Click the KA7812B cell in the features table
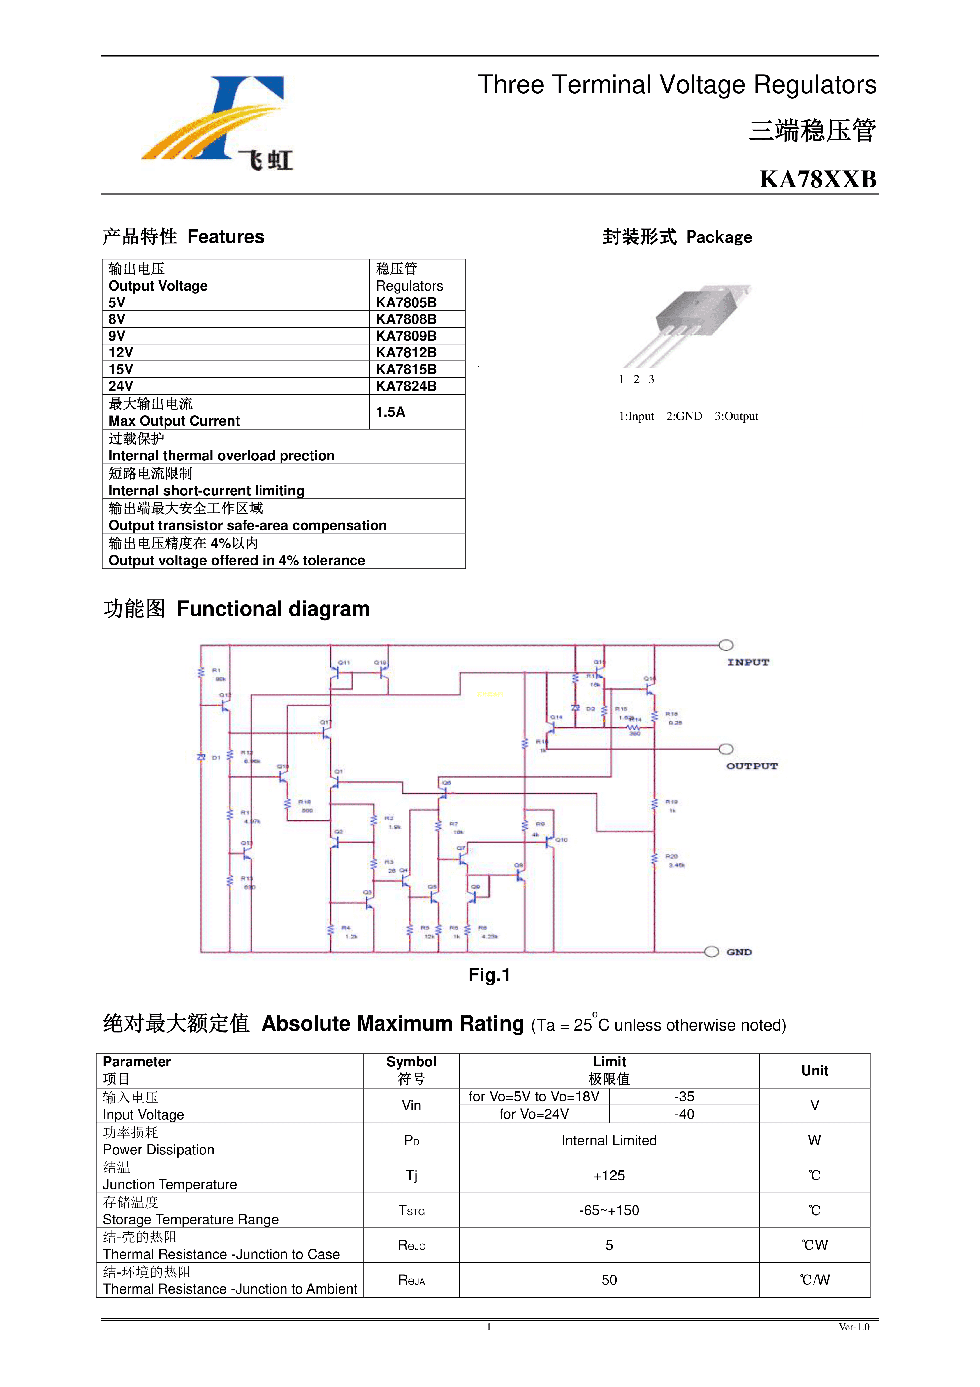tap(406, 353)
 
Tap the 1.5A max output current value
tap(390, 412)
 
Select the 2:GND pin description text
tap(684, 416)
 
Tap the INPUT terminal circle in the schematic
tap(726, 645)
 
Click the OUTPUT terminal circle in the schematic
tap(726, 749)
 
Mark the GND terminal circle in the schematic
tap(712, 952)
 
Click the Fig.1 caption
tap(489, 975)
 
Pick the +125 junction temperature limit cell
tap(609, 1175)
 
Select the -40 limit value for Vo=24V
tap(684, 1114)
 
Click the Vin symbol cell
tap(411, 1105)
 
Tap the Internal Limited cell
tap(609, 1140)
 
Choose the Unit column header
tap(814, 1070)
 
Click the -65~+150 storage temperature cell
tap(609, 1210)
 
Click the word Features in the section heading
tap(226, 237)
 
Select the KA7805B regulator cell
tap(406, 303)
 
